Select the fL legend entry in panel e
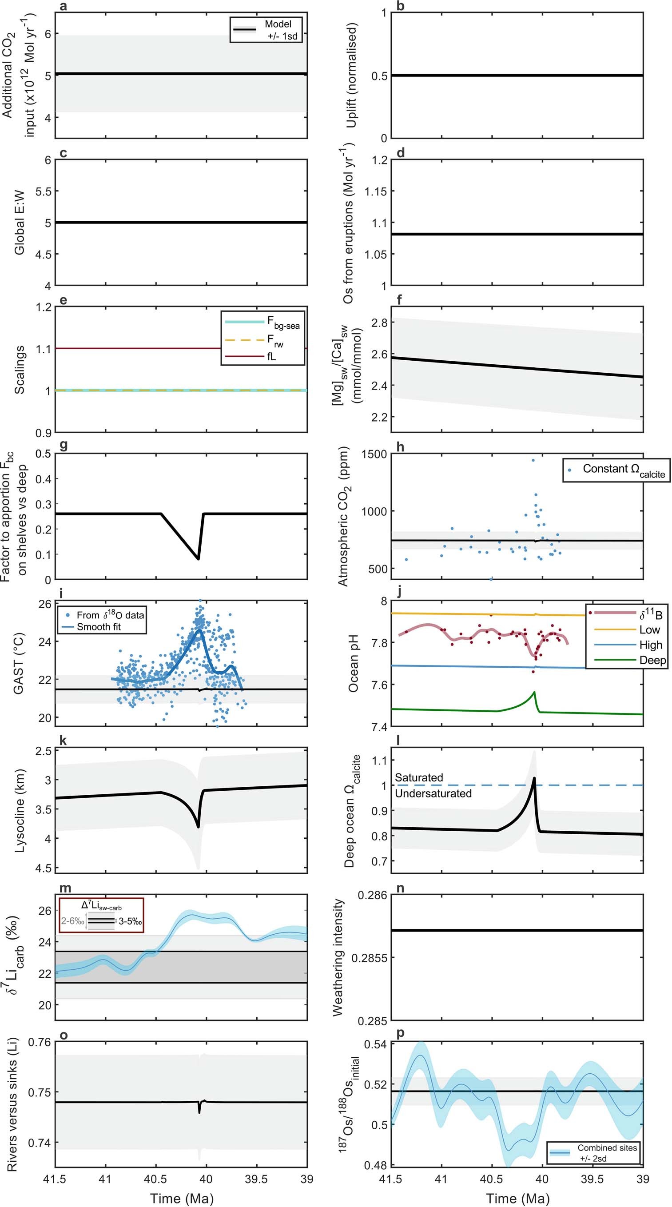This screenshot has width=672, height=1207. click(x=263, y=356)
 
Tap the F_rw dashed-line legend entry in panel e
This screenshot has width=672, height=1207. click(x=263, y=340)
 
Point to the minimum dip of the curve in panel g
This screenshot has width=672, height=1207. click(x=198, y=558)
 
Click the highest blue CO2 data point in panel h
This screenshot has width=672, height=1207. click(x=533, y=461)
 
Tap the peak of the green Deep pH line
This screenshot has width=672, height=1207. click(x=534, y=692)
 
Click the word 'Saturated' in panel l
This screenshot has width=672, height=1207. click(x=418, y=778)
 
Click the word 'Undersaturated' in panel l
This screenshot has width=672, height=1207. click(x=433, y=794)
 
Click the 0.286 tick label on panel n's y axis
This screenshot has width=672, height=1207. click(x=372, y=896)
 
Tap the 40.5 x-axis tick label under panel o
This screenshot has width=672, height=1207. click(x=155, y=1179)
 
